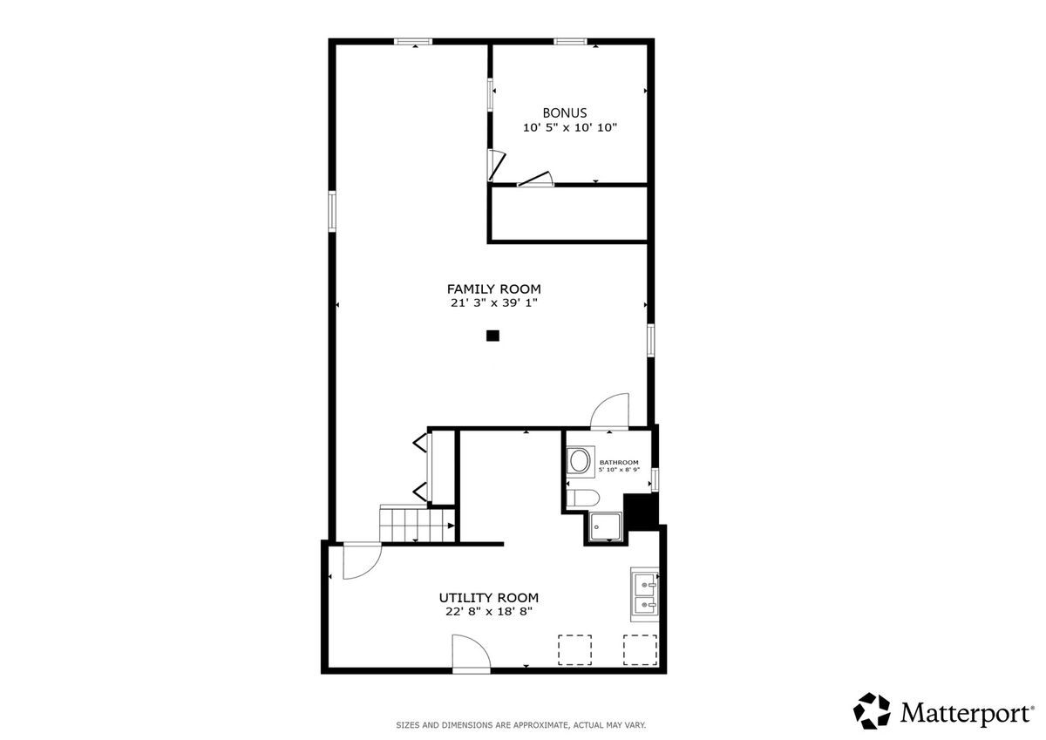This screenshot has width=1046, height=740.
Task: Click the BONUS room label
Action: coord(565,113)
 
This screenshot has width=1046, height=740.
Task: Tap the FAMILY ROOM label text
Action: coord(494,289)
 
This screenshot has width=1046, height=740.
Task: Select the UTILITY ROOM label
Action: coord(489,598)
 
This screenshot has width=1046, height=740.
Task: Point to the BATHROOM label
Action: coord(619,462)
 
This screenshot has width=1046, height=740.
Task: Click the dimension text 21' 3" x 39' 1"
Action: coord(494,303)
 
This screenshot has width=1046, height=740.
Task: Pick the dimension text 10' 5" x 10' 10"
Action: coord(570,127)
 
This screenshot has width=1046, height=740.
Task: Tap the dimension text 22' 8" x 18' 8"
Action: coord(489,612)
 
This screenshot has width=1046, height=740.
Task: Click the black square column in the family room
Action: coord(492,336)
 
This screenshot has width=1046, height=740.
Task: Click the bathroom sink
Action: coord(581,461)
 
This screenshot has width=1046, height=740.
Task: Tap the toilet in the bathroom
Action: coord(583,499)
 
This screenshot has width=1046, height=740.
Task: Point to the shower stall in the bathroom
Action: coord(605,527)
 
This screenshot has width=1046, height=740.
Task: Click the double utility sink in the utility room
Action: coord(645,594)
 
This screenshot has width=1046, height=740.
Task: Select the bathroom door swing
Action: coord(610,411)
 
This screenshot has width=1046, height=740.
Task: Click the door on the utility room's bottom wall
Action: coord(472,654)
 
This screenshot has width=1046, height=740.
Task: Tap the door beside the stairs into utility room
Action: coord(362,560)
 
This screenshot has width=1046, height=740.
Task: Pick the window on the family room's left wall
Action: coord(332,211)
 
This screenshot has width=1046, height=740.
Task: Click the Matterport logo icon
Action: coord(872,711)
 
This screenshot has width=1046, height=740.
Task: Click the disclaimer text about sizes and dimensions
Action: coord(521,725)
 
